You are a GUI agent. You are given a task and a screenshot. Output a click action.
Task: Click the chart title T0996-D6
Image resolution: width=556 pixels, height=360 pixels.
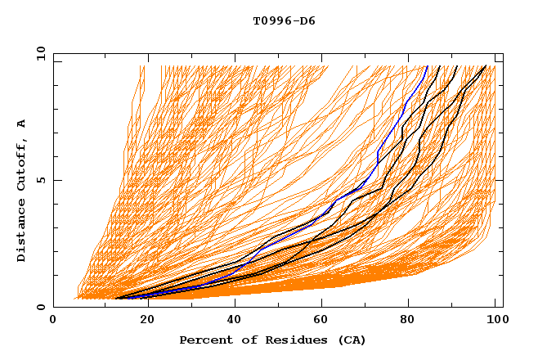pyautogui.click(x=284, y=20)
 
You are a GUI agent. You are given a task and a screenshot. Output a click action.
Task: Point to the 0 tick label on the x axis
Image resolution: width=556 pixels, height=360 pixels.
pyautogui.click(x=53, y=320)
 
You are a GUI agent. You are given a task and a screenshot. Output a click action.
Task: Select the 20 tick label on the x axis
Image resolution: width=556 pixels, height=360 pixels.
pyautogui.click(x=142, y=320)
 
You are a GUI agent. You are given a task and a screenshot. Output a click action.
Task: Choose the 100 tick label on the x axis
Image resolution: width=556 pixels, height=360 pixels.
pyautogui.click(x=495, y=320)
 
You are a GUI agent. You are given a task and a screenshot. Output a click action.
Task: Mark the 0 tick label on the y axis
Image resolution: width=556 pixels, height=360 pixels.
pyautogui.click(x=40, y=307)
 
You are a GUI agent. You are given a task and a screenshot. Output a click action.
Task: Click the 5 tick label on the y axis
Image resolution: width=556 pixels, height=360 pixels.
pyautogui.click(x=40, y=180)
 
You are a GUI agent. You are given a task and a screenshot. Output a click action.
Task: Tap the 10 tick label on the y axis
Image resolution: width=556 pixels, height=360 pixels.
pyautogui.click(x=38, y=53)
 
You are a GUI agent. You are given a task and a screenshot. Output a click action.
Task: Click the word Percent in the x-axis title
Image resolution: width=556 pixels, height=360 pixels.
pyautogui.click(x=203, y=340)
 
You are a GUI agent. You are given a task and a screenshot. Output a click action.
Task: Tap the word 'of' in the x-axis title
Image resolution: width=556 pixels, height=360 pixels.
pyautogui.click(x=242, y=340)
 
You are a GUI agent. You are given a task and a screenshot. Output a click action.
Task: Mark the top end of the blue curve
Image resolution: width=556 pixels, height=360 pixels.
pyautogui.click(x=428, y=65)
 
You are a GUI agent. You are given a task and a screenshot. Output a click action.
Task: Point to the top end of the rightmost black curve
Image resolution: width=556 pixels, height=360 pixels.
pyautogui.click(x=486, y=65)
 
